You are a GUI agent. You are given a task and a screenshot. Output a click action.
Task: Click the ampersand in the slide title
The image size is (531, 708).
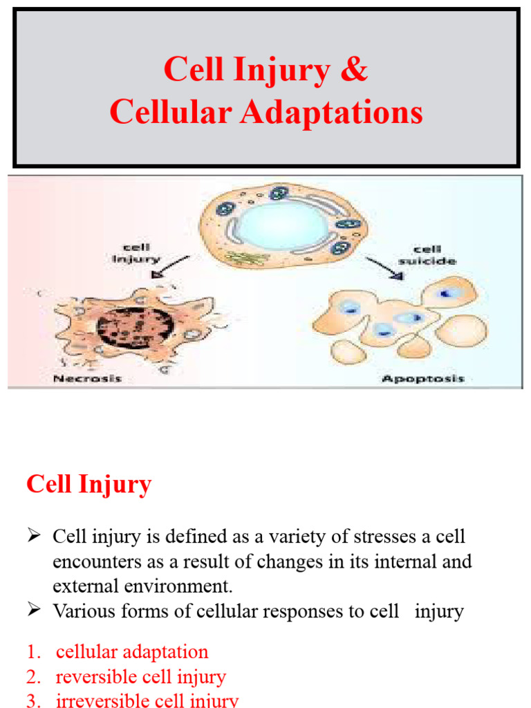pyautogui.click(x=354, y=70)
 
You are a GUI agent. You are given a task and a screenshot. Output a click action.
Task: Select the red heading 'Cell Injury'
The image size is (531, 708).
pyautogui.click(x=88, y=485)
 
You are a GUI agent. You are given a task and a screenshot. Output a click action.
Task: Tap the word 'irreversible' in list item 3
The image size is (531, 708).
pyautogui.click(x=99, y=700)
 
